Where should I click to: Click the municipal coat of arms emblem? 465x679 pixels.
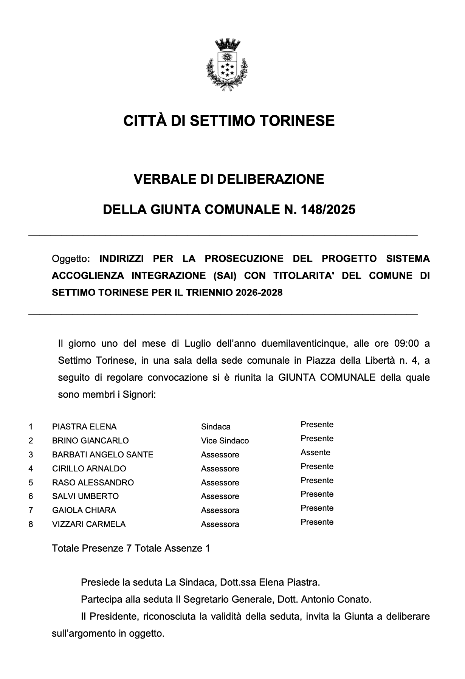[227, 64]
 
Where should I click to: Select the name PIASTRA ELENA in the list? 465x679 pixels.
[84, 427]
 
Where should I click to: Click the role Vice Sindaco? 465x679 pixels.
[225, 441]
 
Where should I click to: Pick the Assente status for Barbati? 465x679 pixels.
[315, 453]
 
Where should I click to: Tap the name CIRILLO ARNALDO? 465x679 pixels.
[89, 469]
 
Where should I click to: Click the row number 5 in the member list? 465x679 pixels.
[31, 483]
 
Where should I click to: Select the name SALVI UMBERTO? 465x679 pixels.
[85, 496]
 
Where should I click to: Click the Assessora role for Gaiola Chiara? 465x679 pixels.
[220, 510]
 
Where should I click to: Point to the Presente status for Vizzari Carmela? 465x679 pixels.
[317, 522]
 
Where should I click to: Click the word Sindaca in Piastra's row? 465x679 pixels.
[216, 427]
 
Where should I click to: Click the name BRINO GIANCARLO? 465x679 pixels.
[90, 441]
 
